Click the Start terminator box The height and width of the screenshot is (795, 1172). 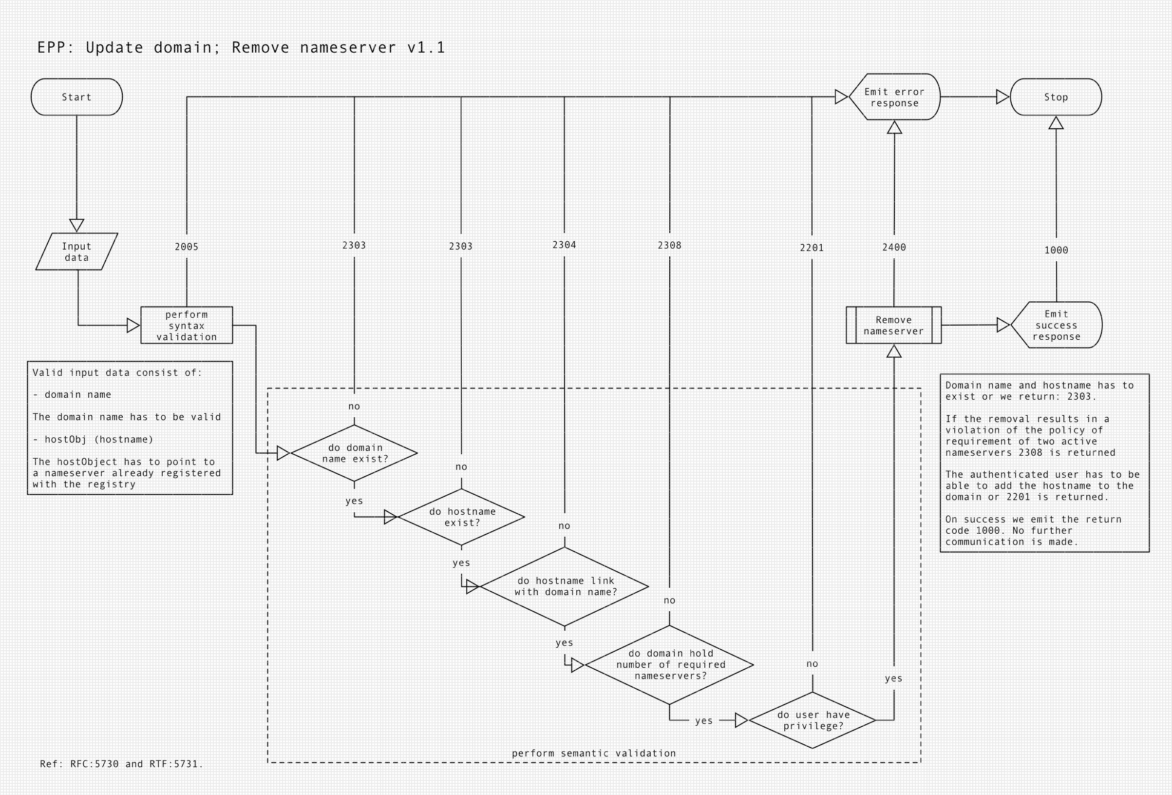pos(76,97)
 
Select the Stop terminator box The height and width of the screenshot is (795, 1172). pos(1056,97)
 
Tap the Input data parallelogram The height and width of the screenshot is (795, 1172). pos(76,252)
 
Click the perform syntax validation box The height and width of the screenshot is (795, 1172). pos(187,326)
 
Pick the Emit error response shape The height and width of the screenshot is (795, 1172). pos(895,97)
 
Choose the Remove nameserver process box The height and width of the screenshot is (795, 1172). pos(894,326)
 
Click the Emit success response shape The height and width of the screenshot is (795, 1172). pos(1057,325)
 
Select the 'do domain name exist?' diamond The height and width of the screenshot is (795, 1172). pos(355,453)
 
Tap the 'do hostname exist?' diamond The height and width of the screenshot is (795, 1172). pos(462,517)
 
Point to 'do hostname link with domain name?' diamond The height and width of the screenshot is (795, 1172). pos(565,586)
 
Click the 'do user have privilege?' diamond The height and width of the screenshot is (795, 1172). pos(813,720)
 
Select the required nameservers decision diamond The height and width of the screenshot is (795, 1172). pos(670,665)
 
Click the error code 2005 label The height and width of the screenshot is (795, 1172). pos(187,247)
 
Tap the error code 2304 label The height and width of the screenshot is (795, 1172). pos(564,245)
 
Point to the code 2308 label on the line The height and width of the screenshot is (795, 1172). pos(670,245)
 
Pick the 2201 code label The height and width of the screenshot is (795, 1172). pos(812,248)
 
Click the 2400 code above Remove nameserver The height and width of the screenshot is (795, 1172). pos(894,247)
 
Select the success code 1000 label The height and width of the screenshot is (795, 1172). pos(1057,250)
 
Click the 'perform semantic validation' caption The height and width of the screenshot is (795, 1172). pos(594,754)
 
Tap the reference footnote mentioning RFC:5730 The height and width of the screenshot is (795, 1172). pos(121,764)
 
